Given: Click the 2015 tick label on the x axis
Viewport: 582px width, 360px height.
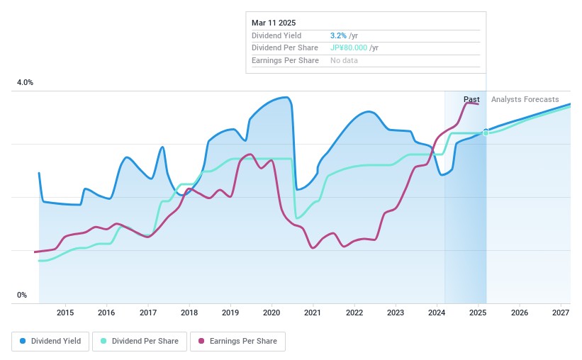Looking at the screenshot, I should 65,313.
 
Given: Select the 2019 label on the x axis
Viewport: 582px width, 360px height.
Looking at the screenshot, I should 230,313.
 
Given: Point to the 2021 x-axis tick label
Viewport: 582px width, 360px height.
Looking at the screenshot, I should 313,313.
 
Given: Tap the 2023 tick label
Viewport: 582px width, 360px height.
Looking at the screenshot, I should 396,313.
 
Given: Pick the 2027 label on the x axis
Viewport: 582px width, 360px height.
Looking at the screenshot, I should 561,313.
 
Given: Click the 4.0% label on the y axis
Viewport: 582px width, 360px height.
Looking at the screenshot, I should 25,83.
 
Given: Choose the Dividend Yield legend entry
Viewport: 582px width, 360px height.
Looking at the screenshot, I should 48,341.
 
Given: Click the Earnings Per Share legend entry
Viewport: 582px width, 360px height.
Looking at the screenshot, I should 237,341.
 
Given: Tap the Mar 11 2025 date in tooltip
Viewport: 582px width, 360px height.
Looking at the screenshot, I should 274,22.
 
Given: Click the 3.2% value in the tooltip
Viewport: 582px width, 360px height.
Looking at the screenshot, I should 337,35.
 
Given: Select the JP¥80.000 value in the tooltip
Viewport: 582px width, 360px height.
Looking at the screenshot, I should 349,47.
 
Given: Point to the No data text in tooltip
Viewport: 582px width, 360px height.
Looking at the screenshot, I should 344,60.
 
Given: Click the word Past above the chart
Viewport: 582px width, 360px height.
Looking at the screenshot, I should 471,99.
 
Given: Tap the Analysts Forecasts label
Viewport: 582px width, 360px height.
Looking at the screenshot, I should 525,99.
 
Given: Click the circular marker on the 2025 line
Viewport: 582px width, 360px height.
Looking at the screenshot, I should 486,133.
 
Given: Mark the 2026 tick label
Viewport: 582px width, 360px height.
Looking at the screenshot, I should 520,313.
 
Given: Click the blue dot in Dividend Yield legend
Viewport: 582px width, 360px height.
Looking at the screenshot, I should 23,341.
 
